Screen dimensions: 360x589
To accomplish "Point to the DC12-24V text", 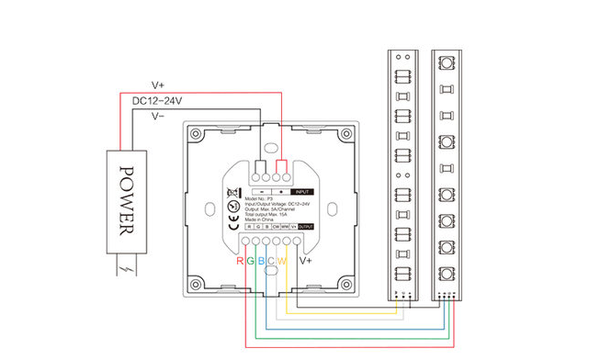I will point(156,100).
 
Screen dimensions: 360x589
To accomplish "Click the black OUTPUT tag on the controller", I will point(306,226).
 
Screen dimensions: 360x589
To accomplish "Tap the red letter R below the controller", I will point(240,262).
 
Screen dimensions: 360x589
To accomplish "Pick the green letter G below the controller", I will point(250,262).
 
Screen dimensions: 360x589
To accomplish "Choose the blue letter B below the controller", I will point(261,262).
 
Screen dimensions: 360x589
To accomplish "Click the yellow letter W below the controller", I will point(283,262).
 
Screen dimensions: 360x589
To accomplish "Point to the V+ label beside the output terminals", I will point(304,262).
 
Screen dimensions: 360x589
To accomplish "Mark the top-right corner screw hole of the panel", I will point(345,134).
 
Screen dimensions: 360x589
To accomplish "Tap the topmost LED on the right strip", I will point(446,62).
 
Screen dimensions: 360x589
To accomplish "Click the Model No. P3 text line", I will point(264,197).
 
